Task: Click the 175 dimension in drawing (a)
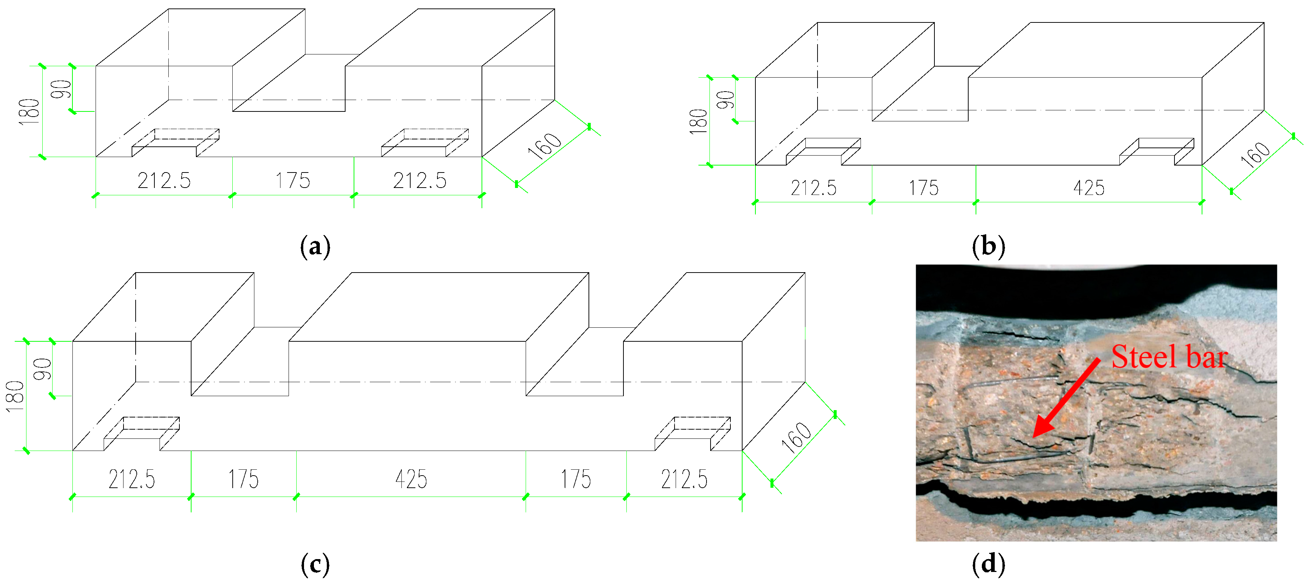coord(293,181)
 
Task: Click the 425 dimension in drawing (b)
coord(1088,188)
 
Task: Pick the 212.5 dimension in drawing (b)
coord(813,188)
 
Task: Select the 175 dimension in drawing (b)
coord(923,188)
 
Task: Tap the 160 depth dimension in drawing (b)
coord(1255,154)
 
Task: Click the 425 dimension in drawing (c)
coord(411,479)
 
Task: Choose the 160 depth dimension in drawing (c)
coord(796,437)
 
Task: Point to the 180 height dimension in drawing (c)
coord(15,396)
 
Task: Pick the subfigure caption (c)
coord(315,564)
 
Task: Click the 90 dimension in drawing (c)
coord(43,369)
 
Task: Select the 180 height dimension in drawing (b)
coord(699,121)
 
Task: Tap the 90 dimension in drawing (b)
coord(726,100)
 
